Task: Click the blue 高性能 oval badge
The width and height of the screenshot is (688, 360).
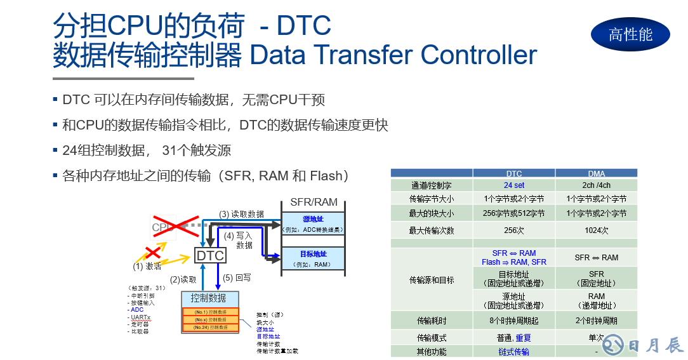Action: click(630, 34)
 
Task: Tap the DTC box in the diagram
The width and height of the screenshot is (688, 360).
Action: click(210, 255)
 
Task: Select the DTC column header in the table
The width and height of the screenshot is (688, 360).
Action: click(514, 173)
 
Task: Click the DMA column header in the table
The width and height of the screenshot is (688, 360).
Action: click(596, 173)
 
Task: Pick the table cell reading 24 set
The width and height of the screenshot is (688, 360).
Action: click(514, 185)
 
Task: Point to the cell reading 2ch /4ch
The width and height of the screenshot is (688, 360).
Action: click(596, 185)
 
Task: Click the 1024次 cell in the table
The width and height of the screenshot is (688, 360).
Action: click(596, 230)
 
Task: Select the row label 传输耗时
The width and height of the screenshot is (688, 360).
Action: click(432, 321)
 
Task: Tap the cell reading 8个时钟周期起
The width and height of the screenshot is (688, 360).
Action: click(514, 321)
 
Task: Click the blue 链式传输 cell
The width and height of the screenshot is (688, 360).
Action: click(514, 351)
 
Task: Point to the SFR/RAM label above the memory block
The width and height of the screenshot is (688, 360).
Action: click(314, 202)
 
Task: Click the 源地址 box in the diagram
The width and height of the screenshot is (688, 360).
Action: click(313, 223)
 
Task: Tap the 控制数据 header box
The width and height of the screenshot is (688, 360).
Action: click(209, 298)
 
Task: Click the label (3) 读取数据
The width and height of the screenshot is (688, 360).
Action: click(241, 214)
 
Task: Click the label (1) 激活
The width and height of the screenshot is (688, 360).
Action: click(147, 266)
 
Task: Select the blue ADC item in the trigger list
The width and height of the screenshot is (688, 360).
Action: click(137, 309)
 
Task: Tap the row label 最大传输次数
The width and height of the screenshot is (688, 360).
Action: click(432, 230)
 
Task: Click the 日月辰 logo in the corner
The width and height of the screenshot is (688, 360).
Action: click(642, 345)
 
